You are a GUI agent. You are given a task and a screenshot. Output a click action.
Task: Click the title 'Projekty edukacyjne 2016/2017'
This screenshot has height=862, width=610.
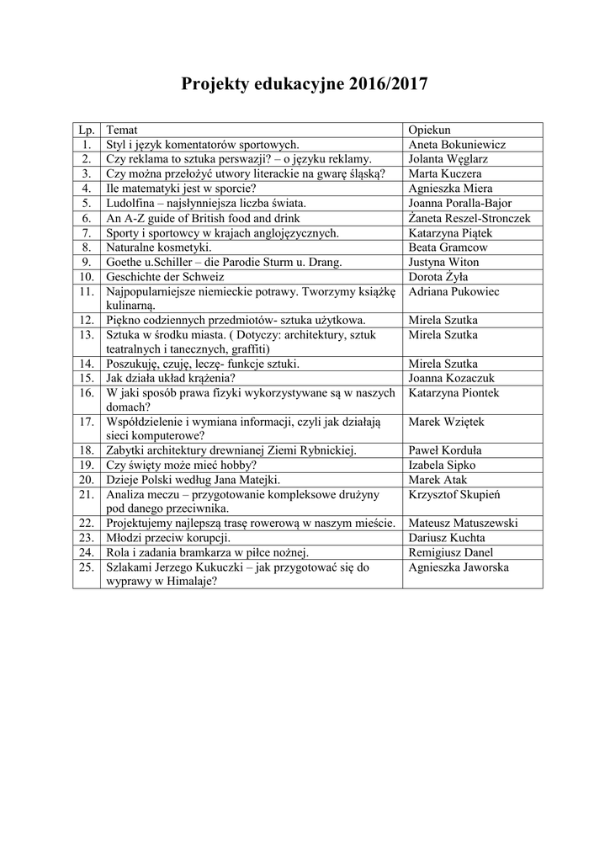click(x=305, y=84)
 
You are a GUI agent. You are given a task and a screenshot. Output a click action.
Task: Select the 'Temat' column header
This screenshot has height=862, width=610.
click(x=121, y=130)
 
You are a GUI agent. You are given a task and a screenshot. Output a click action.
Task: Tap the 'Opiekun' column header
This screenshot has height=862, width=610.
click(x=429, y=130)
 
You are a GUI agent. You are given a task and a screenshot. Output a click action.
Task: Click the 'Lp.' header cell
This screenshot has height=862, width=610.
click(x=86, y=130)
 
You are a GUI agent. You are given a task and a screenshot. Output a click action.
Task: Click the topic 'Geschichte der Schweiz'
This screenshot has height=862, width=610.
click(x=165, y=276)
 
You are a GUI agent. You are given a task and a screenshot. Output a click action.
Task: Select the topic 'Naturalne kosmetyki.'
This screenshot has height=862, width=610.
click(x=158, y=247)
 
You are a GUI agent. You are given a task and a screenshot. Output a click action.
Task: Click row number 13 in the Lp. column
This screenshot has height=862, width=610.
click(x=86, y=335)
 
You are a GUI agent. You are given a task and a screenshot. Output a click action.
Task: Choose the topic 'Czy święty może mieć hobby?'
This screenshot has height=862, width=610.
click(x=181, y=465)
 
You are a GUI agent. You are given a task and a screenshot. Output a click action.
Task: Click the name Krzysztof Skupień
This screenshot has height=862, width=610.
click(x=454, y=494)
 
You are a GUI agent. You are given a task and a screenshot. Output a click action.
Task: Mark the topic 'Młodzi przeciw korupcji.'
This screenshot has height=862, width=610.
click(x=168, y=538)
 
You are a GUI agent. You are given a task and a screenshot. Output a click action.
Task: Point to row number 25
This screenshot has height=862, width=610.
click(x=86, y=567)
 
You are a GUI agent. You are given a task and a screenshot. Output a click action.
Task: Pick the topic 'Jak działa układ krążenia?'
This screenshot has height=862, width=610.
click(x=171, y=379)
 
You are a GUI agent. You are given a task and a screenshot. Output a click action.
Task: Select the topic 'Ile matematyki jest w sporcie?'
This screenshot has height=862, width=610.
click(x=181, y=189)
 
